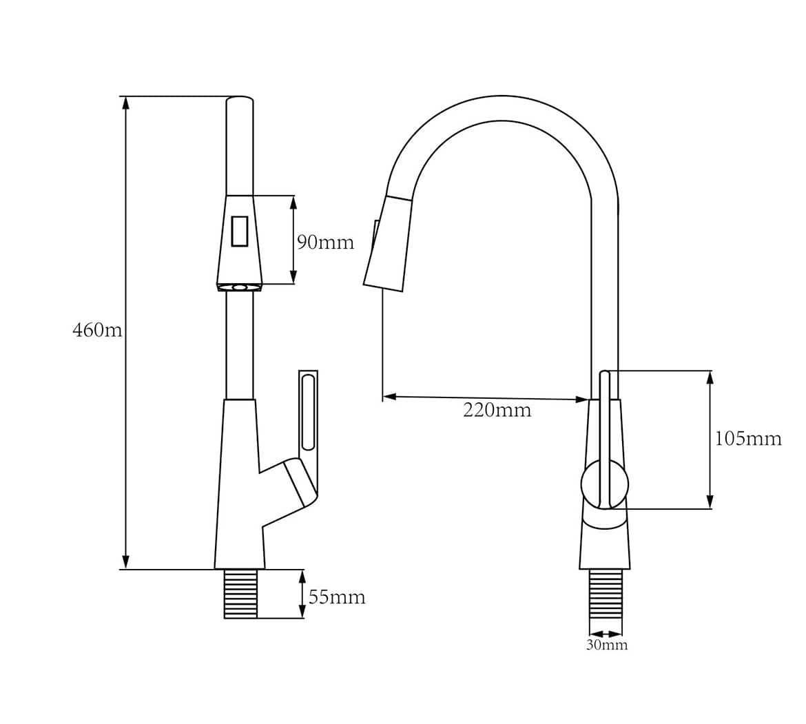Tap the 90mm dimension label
point(325,242)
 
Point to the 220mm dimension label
point(497,410)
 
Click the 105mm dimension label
point(748,438)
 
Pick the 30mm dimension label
point(606,645)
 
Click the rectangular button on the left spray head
point(240,231)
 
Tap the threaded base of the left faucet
point(240,594)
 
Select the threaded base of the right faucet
point(606,594)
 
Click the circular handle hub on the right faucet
point(605,484)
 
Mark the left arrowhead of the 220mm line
point(390,397)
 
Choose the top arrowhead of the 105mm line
point(710,377)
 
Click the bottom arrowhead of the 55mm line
point(301,612)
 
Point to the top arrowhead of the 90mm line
point(293,203)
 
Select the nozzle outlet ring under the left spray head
point(240,288)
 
